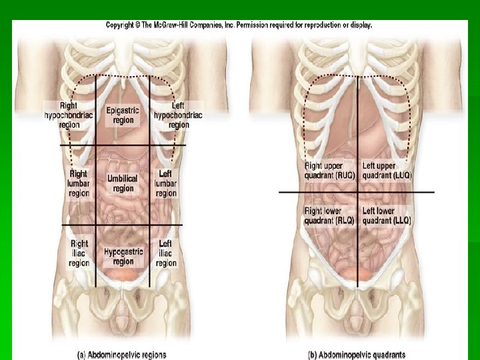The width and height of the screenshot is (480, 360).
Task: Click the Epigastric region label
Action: click(x=123, y=115)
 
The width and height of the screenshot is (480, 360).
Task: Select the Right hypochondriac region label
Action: click(x=69, y=115)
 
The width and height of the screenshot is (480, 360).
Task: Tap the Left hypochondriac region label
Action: click(x=179, y=115)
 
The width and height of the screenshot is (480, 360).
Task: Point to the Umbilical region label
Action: click(x=123, y=183)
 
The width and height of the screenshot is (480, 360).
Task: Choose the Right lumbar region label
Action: click(x=79, y=183)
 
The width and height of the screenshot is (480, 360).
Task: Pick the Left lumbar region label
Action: click(x=166, y=183)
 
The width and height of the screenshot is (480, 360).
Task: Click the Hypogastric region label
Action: click(x=123, y=257)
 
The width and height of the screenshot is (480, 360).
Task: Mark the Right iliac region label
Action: click(x=79, y=253)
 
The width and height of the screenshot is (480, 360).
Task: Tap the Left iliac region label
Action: click(x=166, y=253)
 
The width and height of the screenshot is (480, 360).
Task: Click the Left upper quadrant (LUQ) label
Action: click(x=387, y=171)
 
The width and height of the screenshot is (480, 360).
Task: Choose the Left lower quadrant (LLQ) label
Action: click(x=387, y=215)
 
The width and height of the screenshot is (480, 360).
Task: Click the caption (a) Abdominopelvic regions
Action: click(x=123, y=355)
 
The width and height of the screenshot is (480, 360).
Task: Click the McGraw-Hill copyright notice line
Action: click(x=239, y=25)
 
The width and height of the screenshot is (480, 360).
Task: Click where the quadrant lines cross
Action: click(x=357, y=193)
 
